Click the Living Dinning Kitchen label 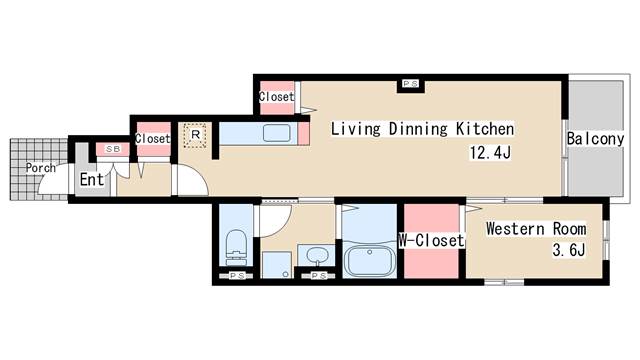point(422,129)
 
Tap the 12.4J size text point(490,153)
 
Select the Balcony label point(596,139)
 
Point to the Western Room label point(536,229)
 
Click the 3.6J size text point(569,250)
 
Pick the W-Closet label point(431,240)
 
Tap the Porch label point(40,168)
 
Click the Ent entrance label point(92,180)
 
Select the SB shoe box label point(113,149)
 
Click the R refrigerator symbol point(195,135)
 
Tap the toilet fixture point(236,247)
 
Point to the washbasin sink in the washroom point(317,256)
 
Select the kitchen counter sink point(277,133)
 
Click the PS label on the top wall point(410,84)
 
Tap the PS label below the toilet point(237,276)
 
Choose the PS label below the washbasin point(319,276)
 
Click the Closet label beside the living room point(277,97)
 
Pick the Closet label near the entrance point(152,139)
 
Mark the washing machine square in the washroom point(276,265)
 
